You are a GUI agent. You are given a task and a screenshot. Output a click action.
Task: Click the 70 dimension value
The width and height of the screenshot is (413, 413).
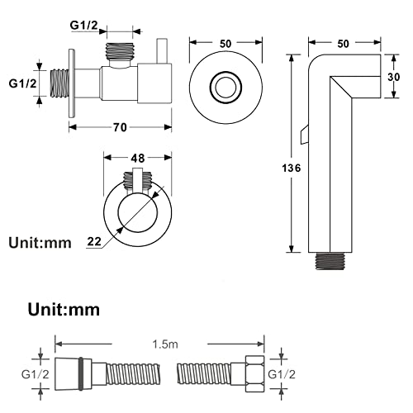point(120,127)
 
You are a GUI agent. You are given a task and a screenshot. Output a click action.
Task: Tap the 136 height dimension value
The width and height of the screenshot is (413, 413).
point(292,168)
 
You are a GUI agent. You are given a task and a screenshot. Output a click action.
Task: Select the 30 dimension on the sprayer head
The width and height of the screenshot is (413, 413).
point(394,77)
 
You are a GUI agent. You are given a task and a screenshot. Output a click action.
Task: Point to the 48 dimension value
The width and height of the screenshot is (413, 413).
point(138,158)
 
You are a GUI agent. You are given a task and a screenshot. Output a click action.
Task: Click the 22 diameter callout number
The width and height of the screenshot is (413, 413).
point(94,241)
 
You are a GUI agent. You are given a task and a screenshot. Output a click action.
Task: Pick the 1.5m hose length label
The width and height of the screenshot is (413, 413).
point(165,344)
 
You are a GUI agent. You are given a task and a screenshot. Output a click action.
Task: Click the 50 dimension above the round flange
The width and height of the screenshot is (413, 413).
point(225,44)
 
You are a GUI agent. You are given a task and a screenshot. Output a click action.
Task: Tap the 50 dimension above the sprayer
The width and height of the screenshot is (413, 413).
point(343,44)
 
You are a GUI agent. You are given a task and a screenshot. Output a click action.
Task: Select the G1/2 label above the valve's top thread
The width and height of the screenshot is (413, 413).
point(83,26)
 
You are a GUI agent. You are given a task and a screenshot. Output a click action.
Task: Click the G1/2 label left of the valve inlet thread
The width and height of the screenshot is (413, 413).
point(22,83)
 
